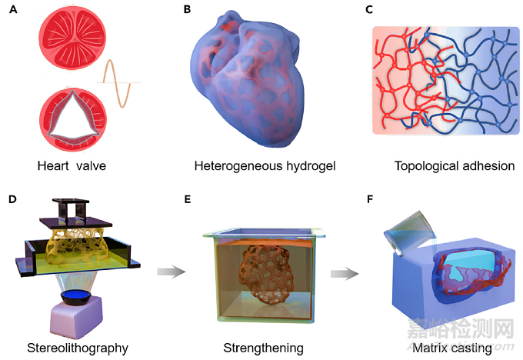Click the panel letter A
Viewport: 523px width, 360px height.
[x=13, y=9]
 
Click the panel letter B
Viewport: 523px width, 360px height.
[x=187, y=9]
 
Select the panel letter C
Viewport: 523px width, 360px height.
[x=369, y=9]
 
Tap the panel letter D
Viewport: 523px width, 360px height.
[x=12, y=199]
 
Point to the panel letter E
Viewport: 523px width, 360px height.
[x=188, y=199]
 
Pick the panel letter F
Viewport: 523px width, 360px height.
[x=370, y=199]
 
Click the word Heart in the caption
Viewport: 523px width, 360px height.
[x=53, y=166]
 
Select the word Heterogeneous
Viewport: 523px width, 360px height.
[x=239, y=166]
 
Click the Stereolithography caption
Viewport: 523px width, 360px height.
[x=78, y=348]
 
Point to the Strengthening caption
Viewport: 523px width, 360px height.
[x=264, y=348]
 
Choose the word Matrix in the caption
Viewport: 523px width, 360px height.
[x=428, y=348]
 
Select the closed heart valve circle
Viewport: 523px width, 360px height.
[x=72, y=37]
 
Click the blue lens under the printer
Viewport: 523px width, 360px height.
[x=77, y=295]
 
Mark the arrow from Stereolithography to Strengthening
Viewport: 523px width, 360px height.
[x=171, y=272]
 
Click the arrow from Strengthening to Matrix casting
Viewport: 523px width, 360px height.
[x=345, y=274]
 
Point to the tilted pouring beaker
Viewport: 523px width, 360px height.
[x=410, y=232]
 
